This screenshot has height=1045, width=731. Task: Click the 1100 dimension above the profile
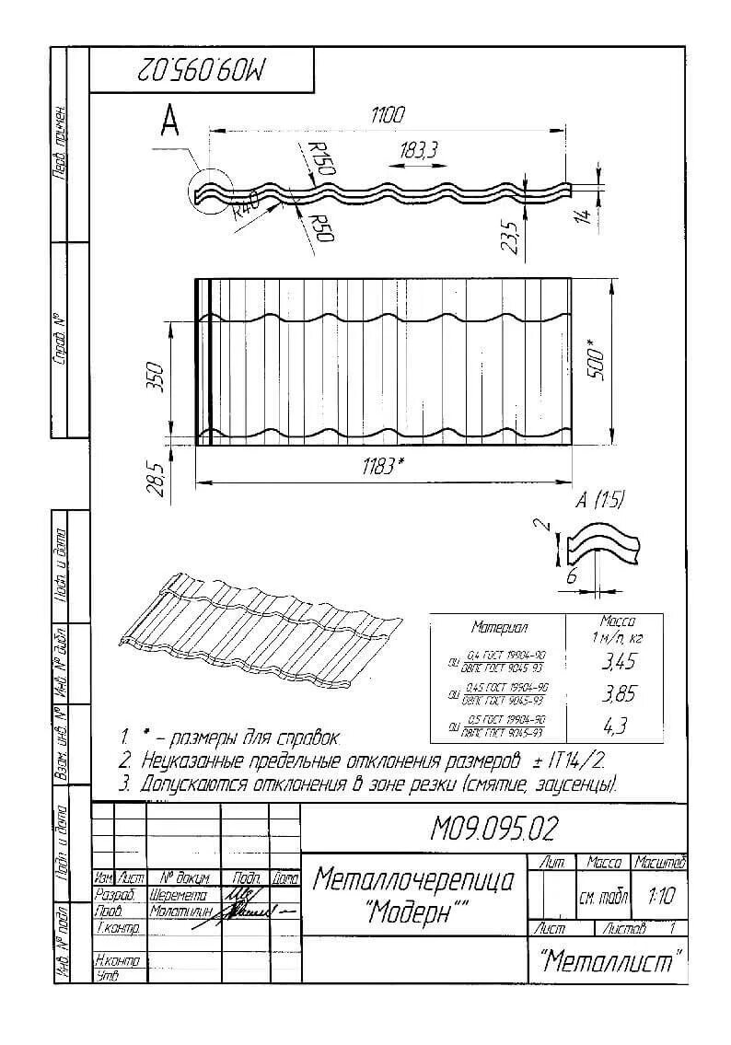388,116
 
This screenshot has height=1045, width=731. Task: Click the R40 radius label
246,203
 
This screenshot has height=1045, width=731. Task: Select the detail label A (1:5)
599,501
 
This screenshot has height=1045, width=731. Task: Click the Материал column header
499,628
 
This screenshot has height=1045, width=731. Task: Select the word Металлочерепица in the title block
413,880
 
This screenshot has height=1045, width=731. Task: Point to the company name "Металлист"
610,962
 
